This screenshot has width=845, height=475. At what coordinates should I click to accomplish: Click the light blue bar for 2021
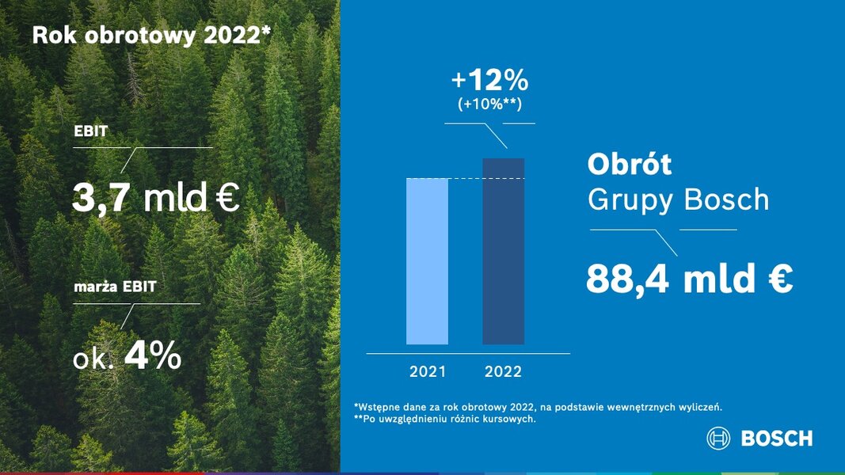tap(427, 261)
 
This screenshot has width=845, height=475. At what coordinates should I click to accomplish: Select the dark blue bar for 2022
tap(504, 252)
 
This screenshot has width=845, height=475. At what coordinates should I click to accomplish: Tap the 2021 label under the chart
tap(428, 371)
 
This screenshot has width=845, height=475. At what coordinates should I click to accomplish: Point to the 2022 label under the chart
tap(503, 371)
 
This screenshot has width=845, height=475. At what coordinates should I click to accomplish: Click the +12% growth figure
tap(490, 80)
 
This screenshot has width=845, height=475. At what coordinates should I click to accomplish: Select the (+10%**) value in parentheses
tap(490, 104)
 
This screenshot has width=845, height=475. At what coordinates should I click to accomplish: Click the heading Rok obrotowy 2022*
tap(151, 36)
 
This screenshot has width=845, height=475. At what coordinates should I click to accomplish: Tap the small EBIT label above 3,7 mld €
tap(90, 131)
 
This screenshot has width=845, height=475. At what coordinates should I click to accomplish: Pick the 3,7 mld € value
tap(156, 197)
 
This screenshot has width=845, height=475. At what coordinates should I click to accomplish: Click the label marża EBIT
tap(115, 287)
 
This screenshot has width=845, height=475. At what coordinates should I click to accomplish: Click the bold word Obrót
tap(630, 164)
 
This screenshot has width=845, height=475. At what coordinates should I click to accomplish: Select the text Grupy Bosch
tap(679, 199)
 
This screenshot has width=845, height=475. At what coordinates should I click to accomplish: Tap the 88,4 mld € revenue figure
tap(689, 279)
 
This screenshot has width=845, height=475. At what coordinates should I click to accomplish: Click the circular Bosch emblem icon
tap(718, 439)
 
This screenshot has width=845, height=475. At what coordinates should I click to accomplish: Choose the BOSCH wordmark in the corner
tap(777, 439)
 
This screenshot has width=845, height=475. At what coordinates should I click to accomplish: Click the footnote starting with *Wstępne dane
tap(538, 407)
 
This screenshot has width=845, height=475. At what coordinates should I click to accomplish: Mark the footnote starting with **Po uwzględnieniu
tap(445, 419)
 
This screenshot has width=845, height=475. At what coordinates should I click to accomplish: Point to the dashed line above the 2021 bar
tap(465, 178)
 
